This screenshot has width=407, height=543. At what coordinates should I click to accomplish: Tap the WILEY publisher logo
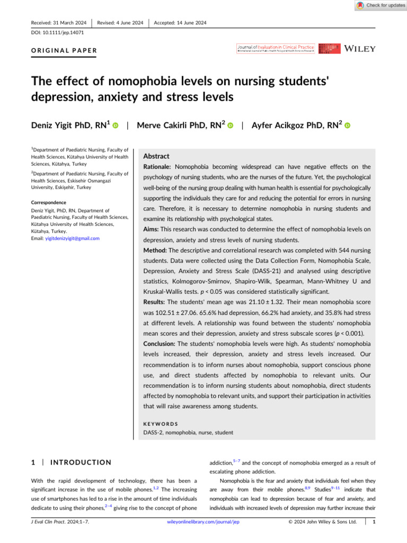(x=360, y=49)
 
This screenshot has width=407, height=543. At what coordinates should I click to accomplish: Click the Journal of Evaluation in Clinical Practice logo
(x=276, y=48)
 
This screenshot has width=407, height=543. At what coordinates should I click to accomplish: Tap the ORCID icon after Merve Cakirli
(x=231, y=126)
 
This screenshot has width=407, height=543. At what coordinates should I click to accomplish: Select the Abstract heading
(x=157, y=156)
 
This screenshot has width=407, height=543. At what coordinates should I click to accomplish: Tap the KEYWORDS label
(x=161, y=424)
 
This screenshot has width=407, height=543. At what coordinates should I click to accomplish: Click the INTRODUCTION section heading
(x=80, y=462)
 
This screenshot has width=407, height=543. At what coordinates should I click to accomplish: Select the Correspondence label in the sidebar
(x=48, y=203)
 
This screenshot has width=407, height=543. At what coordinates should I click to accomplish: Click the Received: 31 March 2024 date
(x=58, y=22)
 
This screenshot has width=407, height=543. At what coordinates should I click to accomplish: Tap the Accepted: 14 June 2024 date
(x=180, y=22)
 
